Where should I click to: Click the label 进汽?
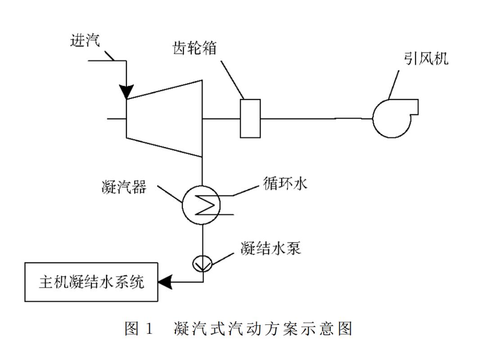click(x=85, y=40)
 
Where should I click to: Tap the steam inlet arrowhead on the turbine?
click(x=126, y=92)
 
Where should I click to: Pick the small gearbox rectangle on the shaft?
click(x=250, y=118)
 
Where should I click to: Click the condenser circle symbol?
click(x=201, y=205)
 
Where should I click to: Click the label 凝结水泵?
click(x=270, y=248)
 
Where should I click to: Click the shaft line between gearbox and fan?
click(x=315, y=118)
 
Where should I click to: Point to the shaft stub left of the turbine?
click(x=117, y=119)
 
